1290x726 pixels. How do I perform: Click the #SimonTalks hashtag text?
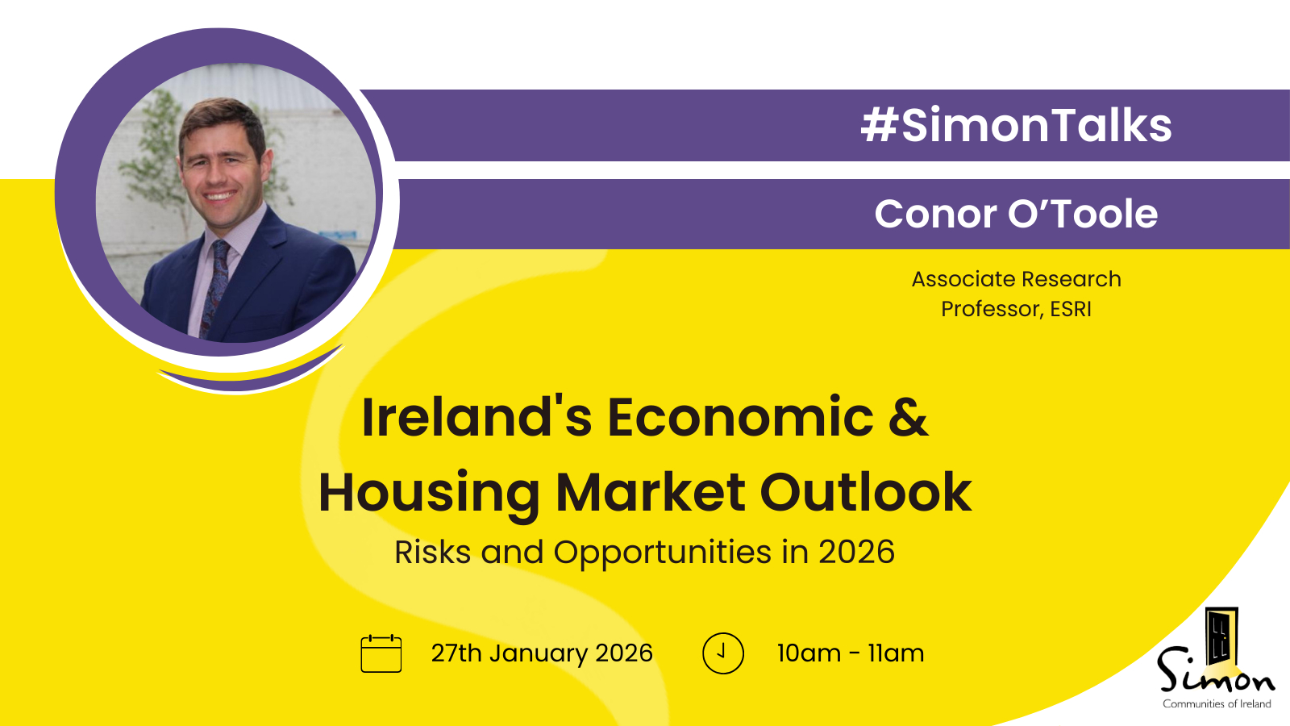tap(1017, 124)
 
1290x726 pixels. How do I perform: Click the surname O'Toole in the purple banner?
tap(1083, 215)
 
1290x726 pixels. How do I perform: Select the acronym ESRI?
tap(1071, 310)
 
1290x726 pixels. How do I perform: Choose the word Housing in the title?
tap(429, 493)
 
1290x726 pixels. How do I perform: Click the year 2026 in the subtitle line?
tap(857, 552)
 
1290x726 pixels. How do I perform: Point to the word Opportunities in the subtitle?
tap(662, 553)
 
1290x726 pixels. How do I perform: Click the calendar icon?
tap(381, 653)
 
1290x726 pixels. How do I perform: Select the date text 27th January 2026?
tap(542, 653)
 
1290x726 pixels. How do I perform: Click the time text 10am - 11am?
tap(851, 653)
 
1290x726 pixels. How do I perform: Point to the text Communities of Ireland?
tap(1217, 703)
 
